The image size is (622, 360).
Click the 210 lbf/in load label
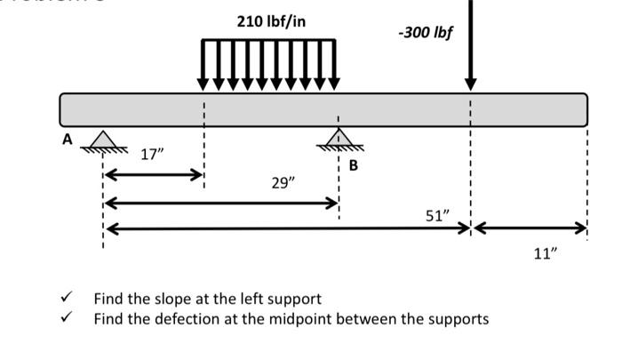pyautogui.click(x=271, y=20)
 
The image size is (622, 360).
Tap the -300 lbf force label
pyautogui.click(x=426, y=33)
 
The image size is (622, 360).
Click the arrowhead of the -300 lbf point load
pyautogui.click(x=471, y=83)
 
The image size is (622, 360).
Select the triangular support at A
pyautogui.click(x=104, y=140)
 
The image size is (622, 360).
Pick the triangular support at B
pyautogui.click(x=338, y=137)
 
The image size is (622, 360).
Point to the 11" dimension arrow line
pyautogui.click(x=530, y=229)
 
